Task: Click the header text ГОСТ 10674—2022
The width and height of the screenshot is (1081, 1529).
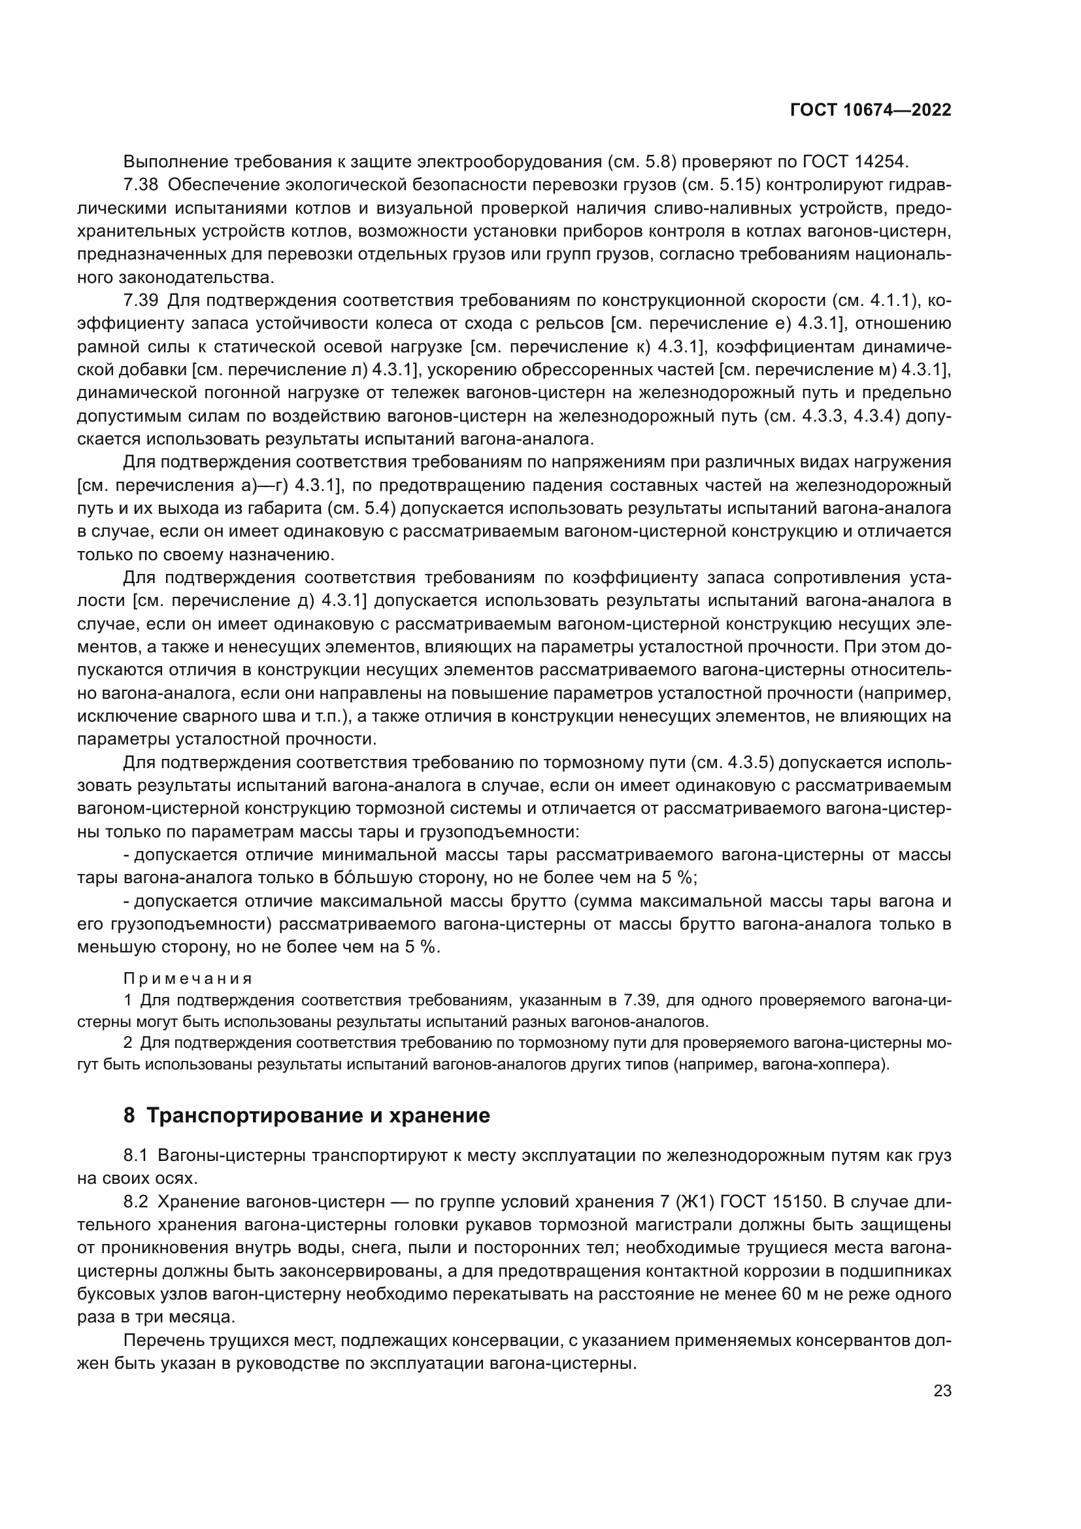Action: pyautogui.click(x=871, y=110)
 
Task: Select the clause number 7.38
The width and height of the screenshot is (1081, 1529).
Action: pyautogui.click(x=141, y=185)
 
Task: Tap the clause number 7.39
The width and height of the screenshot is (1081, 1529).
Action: pyautogui.click(x=141, y=300)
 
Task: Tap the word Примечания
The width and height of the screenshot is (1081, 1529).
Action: pyautogui.click(x=188, y=979)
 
